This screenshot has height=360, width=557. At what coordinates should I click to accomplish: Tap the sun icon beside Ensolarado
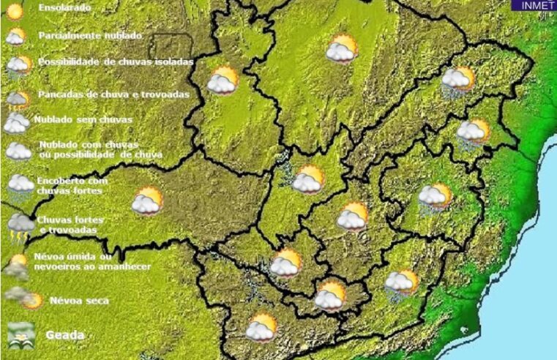click(x=15, y=12)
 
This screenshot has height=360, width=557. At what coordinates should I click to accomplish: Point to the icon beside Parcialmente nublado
click(x=15, y=36)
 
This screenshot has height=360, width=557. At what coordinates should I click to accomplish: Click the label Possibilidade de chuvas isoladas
click(x=116, y=62)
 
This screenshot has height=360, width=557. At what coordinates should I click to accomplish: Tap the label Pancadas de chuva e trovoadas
click(x=113, y=94)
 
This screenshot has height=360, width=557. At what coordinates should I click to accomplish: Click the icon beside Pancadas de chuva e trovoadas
click(x=18, y=98)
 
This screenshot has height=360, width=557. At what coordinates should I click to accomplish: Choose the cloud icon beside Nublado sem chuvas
click(x=15, y=122)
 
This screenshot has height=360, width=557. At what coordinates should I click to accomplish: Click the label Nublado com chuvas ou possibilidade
click(x=100, y=149)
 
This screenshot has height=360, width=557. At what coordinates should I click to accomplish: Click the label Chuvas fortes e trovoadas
click(x=71, y=224)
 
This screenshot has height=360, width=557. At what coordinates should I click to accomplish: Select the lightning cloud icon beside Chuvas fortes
click(x=20, y=226)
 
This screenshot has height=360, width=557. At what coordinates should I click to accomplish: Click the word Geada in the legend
click(x=64, y=335)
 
